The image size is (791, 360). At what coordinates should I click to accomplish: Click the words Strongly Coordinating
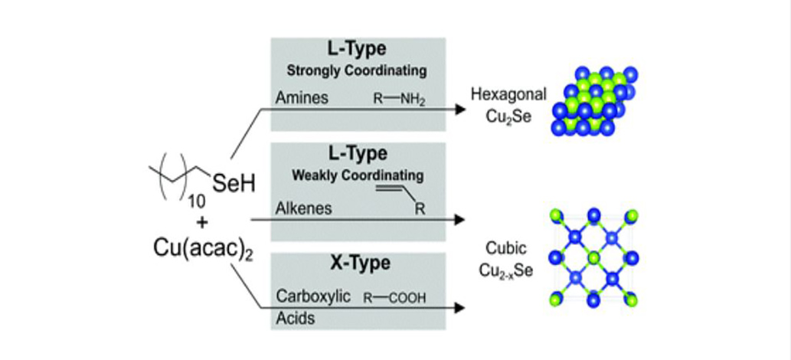click(x=356, y=70)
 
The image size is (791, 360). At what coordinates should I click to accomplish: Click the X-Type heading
click(x=356, y=263)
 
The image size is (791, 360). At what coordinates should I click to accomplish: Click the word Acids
click(x=295, y=318)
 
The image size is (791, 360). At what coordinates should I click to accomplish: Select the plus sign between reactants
click(x=182, y=223)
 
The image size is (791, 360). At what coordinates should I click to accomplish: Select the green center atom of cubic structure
click(x=593, y=257)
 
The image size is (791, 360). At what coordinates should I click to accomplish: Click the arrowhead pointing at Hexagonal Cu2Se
click(x=459, y=109)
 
